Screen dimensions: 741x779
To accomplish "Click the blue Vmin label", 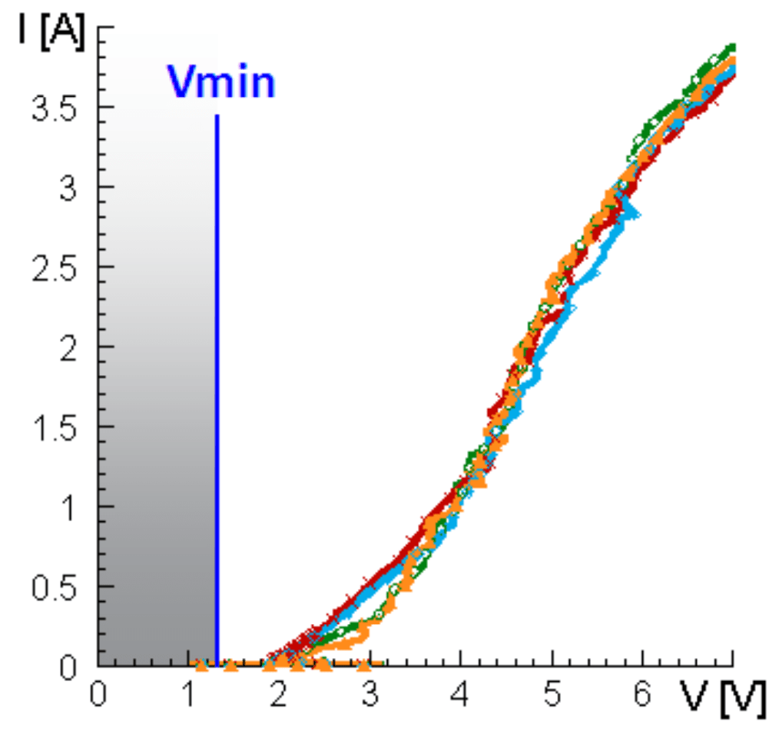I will pyautogui.click(x=221, y=82).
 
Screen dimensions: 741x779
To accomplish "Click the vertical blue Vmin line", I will pyautogui.click(x=217, y=384).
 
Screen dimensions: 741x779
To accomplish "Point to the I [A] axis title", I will pyautogui.click(x=51, y=35).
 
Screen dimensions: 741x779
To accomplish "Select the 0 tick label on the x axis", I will pyautogui.click(x=98, y=694).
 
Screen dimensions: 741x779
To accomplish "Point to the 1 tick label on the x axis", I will pyautogui.click(x=189, y=694).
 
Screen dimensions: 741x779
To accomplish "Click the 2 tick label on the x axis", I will pyautogui.click(x=279, y=694).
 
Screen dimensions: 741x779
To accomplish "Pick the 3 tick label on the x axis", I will pyautogui.click(x=370, y=694).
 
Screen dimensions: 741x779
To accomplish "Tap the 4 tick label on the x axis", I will pyautogui.click(x=460, y=694).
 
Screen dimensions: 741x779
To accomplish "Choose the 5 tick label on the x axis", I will pyautogui.click(x=551, y=694).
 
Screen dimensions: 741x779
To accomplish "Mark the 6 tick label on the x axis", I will pyautogui.click(x=641, y=694).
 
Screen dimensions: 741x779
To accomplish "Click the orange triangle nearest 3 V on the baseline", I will pyautogui.click(x=365, y=663).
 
